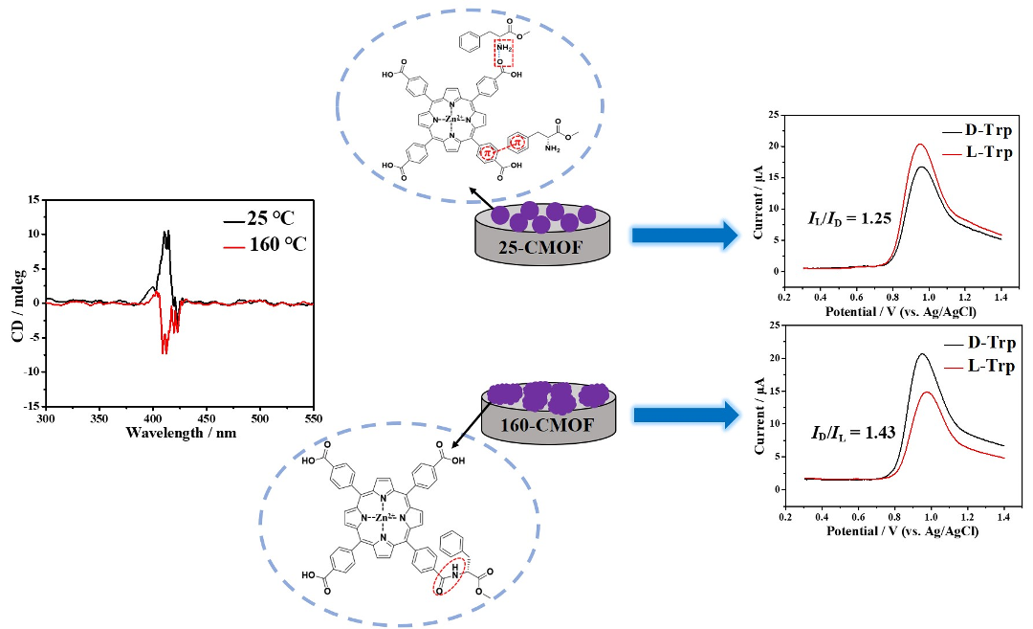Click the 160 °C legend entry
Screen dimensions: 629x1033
(273, 244)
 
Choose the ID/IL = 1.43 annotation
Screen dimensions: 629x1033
(845, 432)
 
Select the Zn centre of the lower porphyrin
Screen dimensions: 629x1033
(383, 518)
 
